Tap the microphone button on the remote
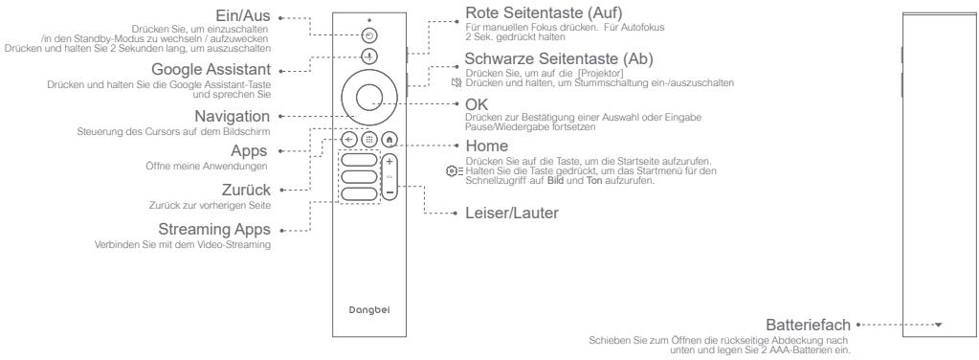click(368, 57)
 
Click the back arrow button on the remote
click(349, 138)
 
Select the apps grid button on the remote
click(368, 138)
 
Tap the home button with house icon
click(389, 138)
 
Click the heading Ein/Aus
click(239, 17)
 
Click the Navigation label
click(234, 116)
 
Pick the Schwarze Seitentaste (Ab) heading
click(537, 59)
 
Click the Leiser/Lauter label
click(507, 213)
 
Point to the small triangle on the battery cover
click(938, 326)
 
